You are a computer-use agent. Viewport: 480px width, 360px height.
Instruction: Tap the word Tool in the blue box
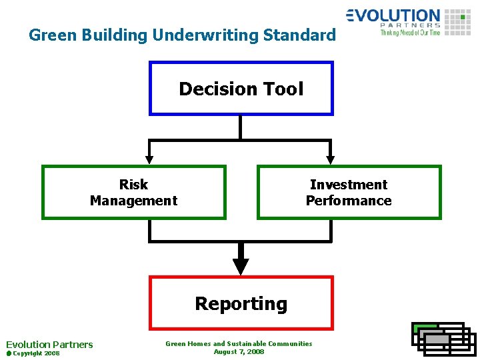(x=283, y=89)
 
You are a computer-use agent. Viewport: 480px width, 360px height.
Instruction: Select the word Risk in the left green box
(x=133, y=185)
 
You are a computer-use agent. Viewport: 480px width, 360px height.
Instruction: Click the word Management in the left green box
(x=133, y=201)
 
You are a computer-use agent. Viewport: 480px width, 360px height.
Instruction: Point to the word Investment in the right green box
(x=349, y=185)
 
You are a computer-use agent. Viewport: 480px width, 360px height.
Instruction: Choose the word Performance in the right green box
(x=349, y=201)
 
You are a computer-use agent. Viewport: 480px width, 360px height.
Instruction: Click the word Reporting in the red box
(x=241, y=304)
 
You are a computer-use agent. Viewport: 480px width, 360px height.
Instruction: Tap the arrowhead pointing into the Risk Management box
(x=149, y=159)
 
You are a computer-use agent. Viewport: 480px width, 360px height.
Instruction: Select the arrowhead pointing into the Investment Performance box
(x=330, y=159)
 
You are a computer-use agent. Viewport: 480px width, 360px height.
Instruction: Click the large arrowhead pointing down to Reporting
(x=241, y=266)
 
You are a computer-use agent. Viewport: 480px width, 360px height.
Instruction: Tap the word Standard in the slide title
(x=303, y=35)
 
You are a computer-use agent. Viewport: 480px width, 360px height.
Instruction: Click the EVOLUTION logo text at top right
(x=393, y=15)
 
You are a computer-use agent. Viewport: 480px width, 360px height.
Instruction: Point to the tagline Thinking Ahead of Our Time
(x=410, y=32)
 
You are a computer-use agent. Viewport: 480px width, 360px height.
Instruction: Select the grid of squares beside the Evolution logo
(x=457, y=22)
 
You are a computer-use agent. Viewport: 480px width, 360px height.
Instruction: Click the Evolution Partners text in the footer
(x=49, y=345)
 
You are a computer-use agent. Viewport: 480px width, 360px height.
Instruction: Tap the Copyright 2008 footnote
(x=35, y=353)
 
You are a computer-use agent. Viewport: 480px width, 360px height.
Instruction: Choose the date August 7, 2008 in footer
(x=239, y=351)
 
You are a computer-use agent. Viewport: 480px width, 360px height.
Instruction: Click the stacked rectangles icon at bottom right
(x=443, y=338)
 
